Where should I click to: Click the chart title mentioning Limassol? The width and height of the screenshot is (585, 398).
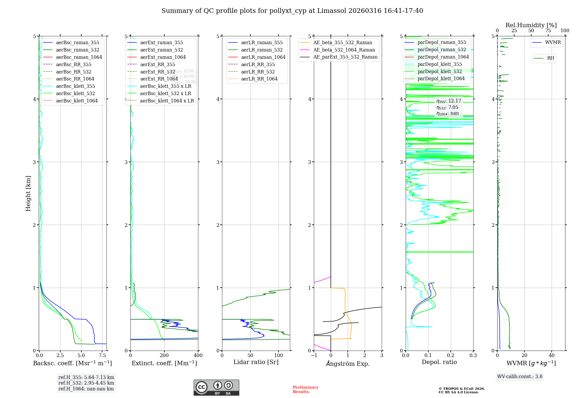(292, 11)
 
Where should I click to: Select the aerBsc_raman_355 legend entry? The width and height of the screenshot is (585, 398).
(78, 43)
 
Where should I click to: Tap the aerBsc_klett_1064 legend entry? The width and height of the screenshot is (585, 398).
(77, 101)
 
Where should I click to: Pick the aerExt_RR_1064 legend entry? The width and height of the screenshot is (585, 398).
(159, 79)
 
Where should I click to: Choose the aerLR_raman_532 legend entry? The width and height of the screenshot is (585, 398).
(262, 50)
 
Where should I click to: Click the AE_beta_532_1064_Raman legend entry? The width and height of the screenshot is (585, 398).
(344, 50)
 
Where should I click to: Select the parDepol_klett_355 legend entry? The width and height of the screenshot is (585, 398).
(440, 64)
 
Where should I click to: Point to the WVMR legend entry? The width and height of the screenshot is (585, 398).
(553, 42)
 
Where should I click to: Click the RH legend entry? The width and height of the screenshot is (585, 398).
(550, 58)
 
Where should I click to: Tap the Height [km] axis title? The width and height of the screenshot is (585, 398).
(28, 193)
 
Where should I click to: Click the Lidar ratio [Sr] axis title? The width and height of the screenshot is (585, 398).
(256, 362)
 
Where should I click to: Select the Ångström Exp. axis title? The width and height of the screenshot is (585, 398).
(348, 363)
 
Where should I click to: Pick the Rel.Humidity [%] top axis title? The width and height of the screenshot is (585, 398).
(531, 25)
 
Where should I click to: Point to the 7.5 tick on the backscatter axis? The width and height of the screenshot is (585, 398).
(102, 356)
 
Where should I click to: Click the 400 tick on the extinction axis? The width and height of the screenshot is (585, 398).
(198, 356)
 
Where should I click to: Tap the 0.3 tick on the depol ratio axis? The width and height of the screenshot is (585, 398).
(473, 356)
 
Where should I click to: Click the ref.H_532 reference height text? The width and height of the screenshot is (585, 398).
(86, 383)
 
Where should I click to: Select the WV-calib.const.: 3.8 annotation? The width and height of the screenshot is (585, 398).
(520, 377)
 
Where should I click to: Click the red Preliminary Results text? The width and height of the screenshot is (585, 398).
(305, 390)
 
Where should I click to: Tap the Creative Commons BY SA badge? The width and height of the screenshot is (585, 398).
(216, 388)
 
